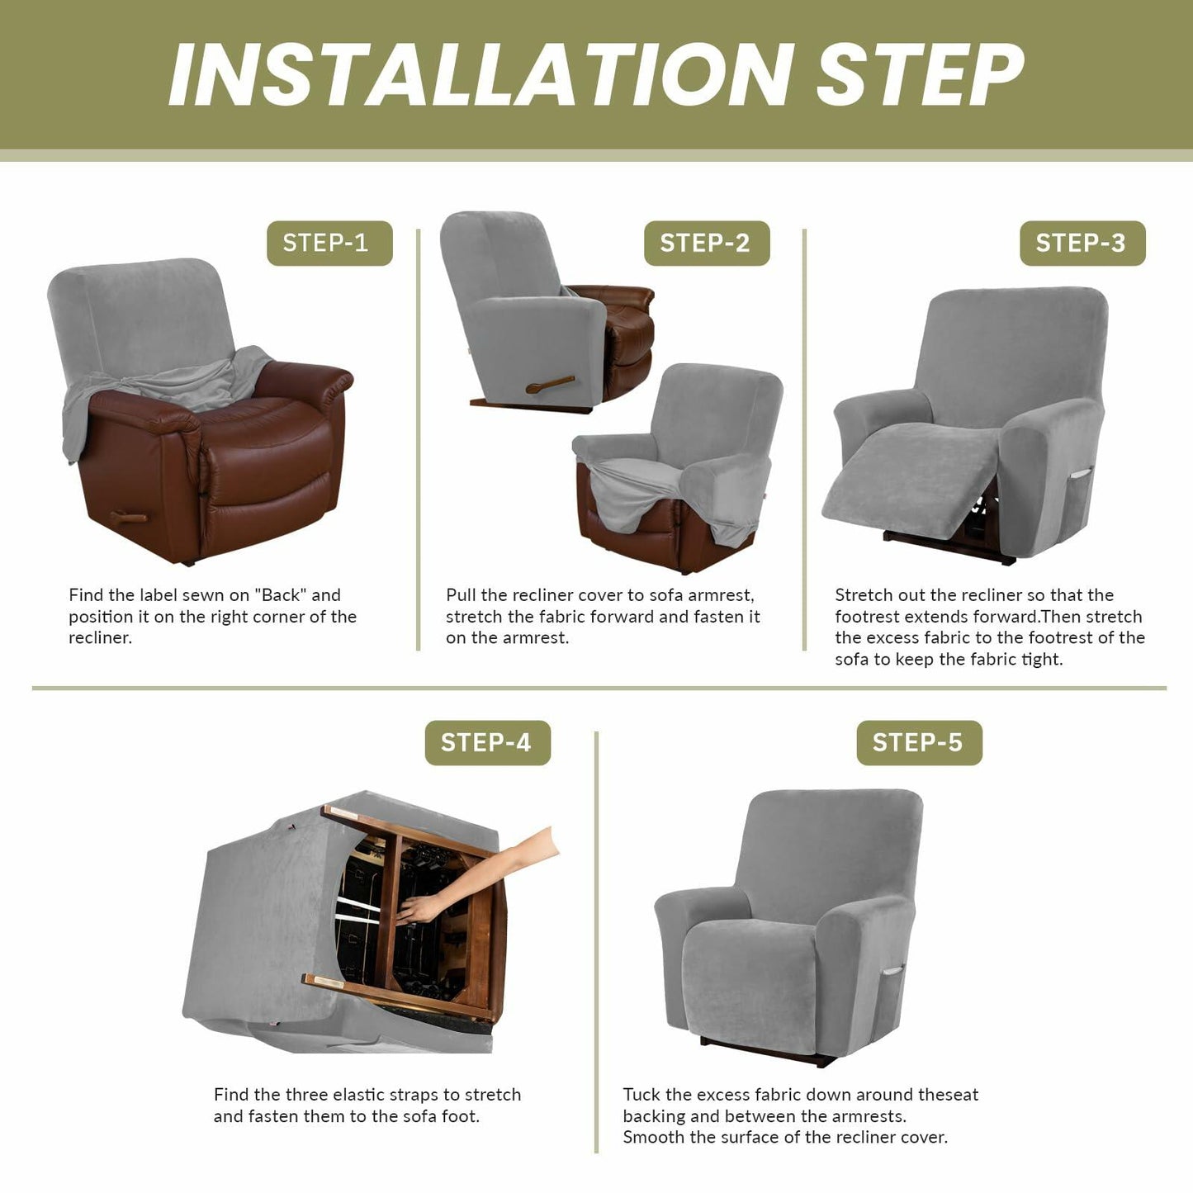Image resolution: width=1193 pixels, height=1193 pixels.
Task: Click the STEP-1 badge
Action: click(329, 244)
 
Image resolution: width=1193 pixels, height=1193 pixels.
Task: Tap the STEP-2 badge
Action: click(706, 244)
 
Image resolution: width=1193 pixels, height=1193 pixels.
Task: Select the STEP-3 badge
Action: click(1082, 244)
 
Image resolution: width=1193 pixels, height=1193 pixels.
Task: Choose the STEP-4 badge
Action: click(487, 743)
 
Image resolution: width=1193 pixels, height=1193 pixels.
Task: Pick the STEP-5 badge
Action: click(918, 743)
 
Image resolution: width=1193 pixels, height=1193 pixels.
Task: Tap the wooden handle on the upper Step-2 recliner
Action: click(549, 385)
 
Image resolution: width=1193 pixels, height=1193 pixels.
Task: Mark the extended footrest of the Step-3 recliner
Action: click(912, 479)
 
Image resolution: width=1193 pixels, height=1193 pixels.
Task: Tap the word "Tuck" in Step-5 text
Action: click(641, 1095)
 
